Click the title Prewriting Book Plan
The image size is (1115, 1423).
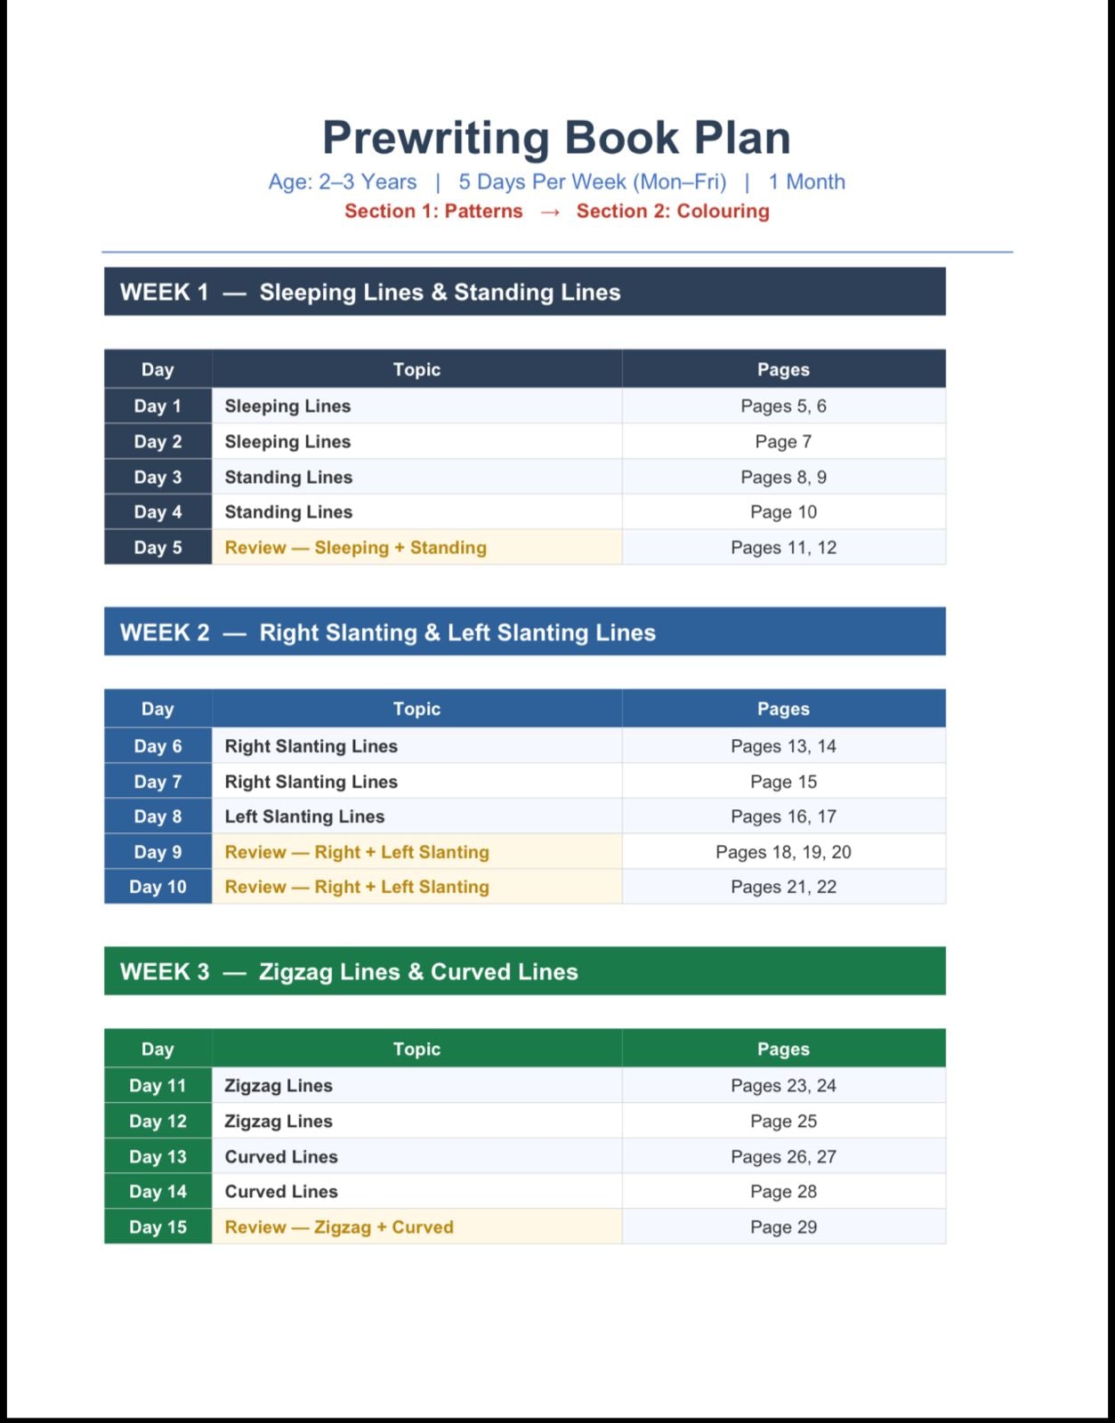pyautogui.click(x=556, y=138)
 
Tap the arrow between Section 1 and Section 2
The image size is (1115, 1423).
pyautogui.click(x=550, y=212)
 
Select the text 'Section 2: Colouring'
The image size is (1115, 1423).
pyautogui.click(x=673, y=212)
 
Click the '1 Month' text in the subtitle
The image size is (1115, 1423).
pyautogui.click(x=806, y=182)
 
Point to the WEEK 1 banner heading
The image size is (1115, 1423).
pyautogui.click(x=370, y=293)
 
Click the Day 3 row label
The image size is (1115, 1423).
pyautogui.click(x=158, y=478)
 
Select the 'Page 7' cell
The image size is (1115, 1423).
pyautogui.click(x=783, y=442)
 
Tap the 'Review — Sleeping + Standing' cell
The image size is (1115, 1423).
pyautogui.click(x=356, y=548)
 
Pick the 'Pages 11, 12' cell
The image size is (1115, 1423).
pyautogui.click(x=783, y=548)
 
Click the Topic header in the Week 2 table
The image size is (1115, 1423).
pyautogui.click(x=416, y=709)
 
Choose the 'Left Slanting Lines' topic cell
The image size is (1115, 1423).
pyautogui.click(x=304, y=816)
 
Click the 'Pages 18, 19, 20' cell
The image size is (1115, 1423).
pyautogui.click(x=783, y=852)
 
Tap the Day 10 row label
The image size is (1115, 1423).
pyautogui.click(x=158, y=887)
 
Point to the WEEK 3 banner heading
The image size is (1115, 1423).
pyautogui.click(x=349, y=972)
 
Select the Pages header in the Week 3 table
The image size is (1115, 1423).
pyautogui.click(x=783, y=1049)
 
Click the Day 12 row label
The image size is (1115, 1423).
pyautogui.click(x=158, y=1122)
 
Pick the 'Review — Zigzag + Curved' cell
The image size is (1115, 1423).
pyautogui.click(x=339, y=1227)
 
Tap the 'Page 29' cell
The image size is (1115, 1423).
pyautogui.click(x=783, y=1227)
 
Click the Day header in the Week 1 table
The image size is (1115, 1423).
pyautogui.click(x=158, y=370)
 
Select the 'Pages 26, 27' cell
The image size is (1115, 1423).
pyautogui.click(x=783, y=1157)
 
